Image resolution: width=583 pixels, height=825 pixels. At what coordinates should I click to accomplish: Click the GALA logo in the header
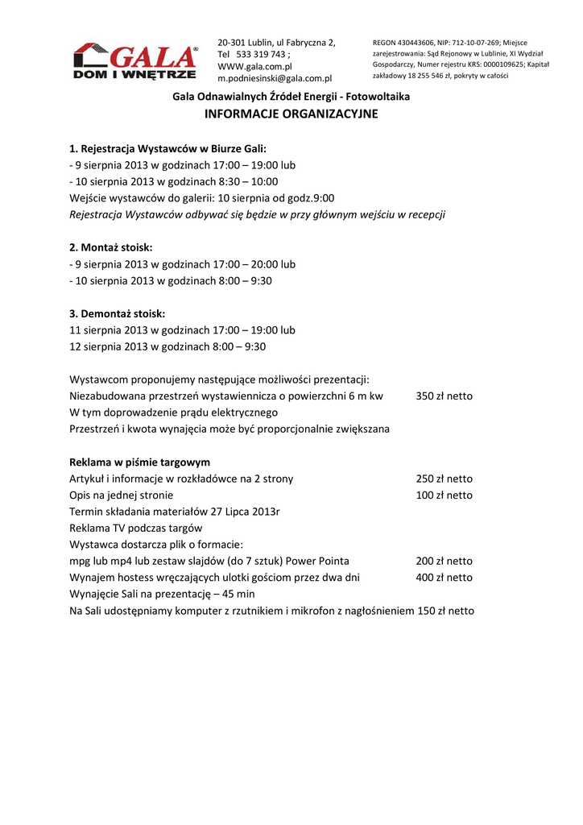(x=135, y=62)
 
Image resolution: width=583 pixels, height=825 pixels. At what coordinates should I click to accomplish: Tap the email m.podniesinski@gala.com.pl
(x=275, y=78)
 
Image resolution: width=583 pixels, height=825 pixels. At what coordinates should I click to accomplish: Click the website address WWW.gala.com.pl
(x=254, y=66)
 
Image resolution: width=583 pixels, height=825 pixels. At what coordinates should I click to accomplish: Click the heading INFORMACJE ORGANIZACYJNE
(x=291, y=114)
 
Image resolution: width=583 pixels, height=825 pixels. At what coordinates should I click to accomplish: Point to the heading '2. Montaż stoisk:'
(x=111, y=247)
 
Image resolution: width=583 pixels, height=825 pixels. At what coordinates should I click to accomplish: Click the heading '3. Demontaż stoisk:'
(x=117, y=313)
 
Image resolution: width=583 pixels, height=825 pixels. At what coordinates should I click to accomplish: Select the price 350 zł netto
(x=444, y=396)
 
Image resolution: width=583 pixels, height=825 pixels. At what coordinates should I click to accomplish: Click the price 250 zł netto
(x=444, y=479)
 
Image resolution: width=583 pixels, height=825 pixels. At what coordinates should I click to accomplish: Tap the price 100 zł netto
(x=444, y=495)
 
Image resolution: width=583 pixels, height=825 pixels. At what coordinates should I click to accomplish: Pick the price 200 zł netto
(x=444, y=562)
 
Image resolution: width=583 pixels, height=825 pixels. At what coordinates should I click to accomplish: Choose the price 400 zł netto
(x=444, y=578)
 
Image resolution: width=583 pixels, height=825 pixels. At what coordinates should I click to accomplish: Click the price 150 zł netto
(x=445, y=611)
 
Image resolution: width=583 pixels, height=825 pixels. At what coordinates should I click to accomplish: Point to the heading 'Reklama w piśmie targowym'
(x=140, y=462)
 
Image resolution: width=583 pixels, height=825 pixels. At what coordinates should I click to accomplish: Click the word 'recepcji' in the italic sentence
(x=425, y=214)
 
